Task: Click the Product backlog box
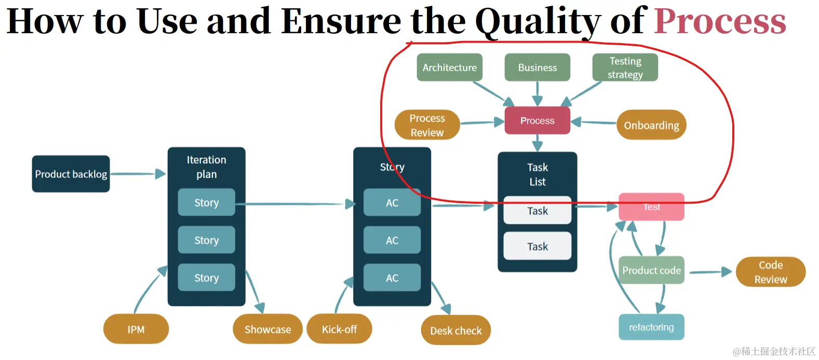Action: pyautogui.click(x=71, y=174)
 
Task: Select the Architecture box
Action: pyautogui.click(x=449, y=68)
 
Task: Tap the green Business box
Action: pyautogui.click(x=537, y=68)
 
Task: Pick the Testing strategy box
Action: pyautogui.click(x=625, y=68)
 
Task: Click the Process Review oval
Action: pyautogui.click(x=427, y=125)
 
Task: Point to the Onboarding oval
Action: pyautogui.click(x=651, y=125)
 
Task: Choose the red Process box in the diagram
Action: pyautogui.click(x=537, y=121)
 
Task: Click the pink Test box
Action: pyautogui.click(x=651, y=207)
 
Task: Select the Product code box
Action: pyautogui.click(x=651, y=270)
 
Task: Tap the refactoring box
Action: pyautogui.click(x=651, y=327)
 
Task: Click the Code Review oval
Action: pyautogui.click(x=770, y=272)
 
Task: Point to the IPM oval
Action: pyautogui.click(x=136, y=329)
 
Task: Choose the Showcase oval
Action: pyautogui.click(x=267, y=329)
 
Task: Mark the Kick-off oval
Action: pyautogui.click(x=339, y=329)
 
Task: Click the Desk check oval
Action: pyautogui.click(x=456, y=330)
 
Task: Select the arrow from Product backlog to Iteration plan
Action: pyautogui.click(x=138, y=174)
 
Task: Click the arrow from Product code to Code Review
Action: pyautogui.click(x=710, y=272)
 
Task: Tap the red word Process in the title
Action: pyautogui.click(x=720, y=22)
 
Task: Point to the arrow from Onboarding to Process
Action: pyautogui.click(x=594, y=122)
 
